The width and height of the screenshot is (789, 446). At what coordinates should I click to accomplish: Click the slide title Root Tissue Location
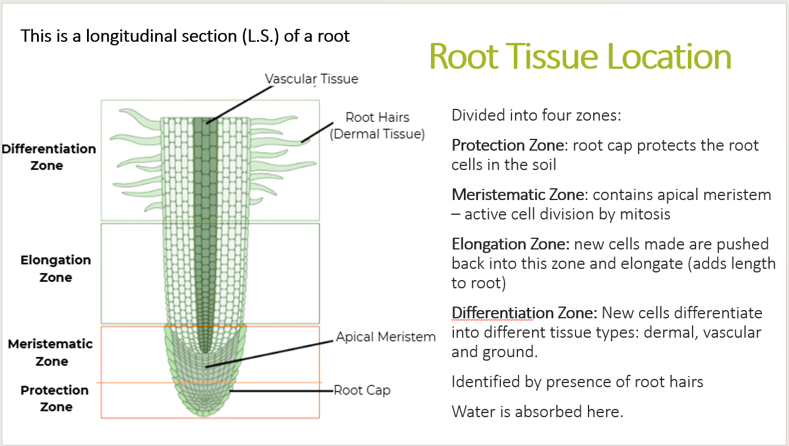(x=580, y=56)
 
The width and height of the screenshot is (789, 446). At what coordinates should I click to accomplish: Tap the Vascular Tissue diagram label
(x=311, y=79)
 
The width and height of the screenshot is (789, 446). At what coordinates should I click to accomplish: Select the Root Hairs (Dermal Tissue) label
(x=377, y=125)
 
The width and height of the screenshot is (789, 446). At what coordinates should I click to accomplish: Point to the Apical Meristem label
(x=386, y=337)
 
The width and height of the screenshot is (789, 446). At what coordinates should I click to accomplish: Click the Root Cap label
(x=362, y=390)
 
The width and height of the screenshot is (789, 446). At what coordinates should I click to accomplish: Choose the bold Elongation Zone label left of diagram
(x=56, y=268)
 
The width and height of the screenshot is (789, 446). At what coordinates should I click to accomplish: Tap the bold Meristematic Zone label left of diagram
(x=51, y=352)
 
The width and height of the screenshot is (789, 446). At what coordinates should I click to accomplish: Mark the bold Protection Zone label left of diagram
(x=55, y=398)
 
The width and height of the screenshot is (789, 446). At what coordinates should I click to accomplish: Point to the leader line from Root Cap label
(x=282, y=391)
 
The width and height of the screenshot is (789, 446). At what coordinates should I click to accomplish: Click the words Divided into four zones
(x=536, y=115)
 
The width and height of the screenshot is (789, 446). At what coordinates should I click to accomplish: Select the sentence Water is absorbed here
(x=537, y=411)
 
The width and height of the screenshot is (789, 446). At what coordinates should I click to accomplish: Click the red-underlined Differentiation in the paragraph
(x=492, y=313)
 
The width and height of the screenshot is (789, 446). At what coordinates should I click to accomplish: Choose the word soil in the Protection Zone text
(x=541, y=165)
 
